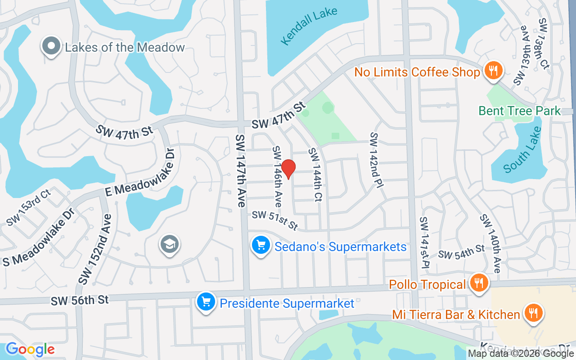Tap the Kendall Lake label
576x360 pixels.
[x=308, y=27]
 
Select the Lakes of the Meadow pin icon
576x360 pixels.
[x=51, y=46]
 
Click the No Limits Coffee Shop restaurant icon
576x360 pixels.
[x=493, y=71]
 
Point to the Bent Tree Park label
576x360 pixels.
[x=520, y=111]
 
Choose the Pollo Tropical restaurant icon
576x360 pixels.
[x=479, y=283]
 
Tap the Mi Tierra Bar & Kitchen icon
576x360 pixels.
[x=534, y=313]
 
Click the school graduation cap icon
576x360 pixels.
[x=169, y=245]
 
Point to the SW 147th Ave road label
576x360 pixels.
[x=240, y=171]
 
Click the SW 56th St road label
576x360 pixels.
[x=80, y=300]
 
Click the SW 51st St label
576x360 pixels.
[x=274, y=220]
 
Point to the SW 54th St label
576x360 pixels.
[x=461, y=252]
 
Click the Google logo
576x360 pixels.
[x=30, y=349]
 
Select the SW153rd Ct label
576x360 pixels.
[x=28, y=207]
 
